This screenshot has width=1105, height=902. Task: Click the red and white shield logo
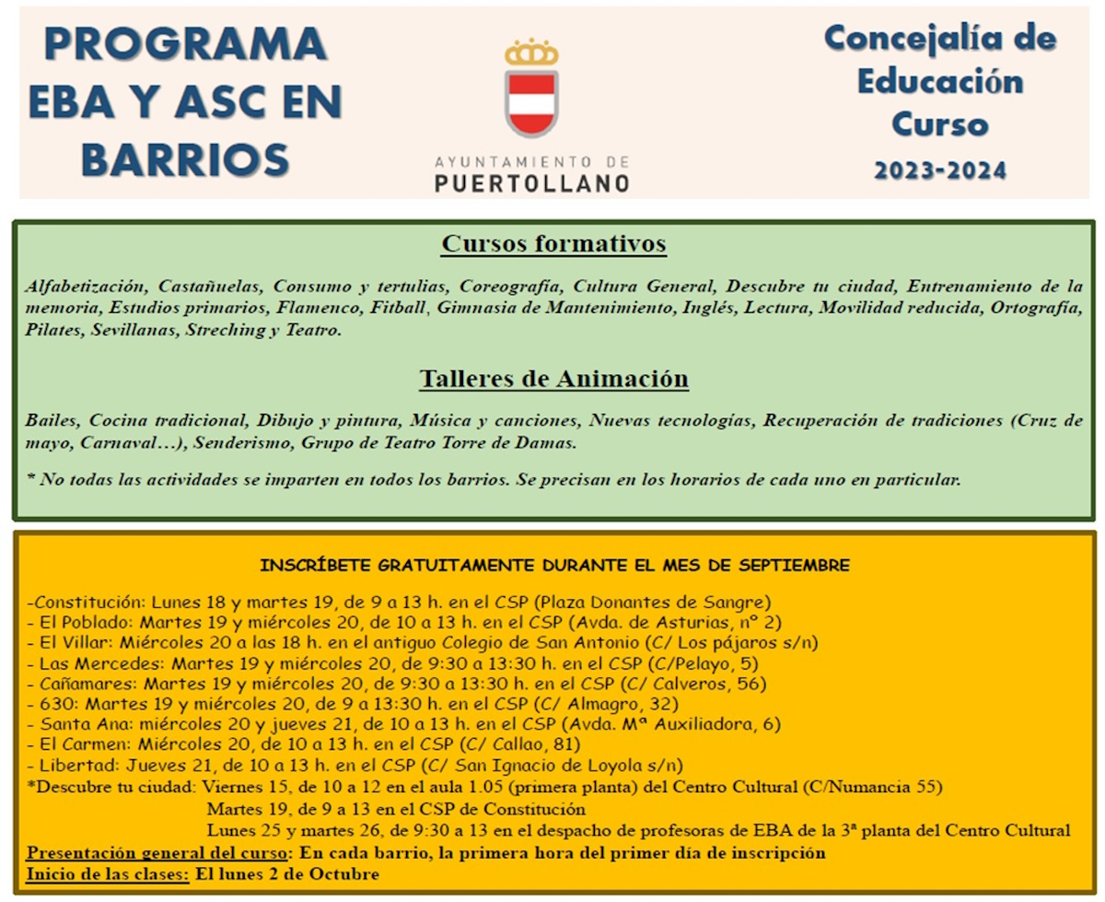point(531,102)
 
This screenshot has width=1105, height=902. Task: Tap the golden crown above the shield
point(531,53)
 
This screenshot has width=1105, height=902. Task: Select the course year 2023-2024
point(940,170)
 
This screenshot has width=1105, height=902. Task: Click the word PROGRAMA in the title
point(185,44)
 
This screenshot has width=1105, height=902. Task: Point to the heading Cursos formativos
point(553,244)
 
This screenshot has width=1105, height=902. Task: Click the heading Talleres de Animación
point(553,379)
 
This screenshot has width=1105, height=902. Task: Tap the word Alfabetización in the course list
point(86,285)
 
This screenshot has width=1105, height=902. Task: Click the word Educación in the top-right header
point(940,81)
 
